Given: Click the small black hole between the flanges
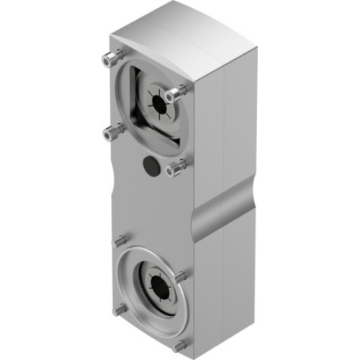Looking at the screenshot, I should [x=150, y=164].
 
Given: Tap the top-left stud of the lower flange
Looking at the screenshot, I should [x=122, y=240].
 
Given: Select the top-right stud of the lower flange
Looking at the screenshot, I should [x=181, y=275].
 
